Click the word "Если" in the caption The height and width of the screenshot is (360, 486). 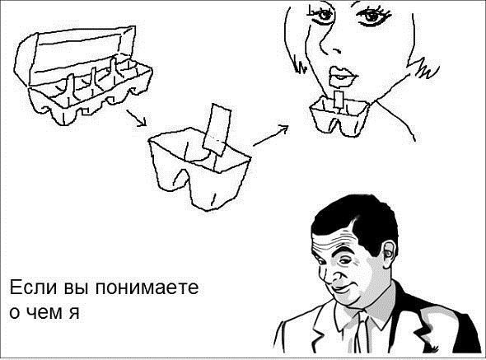tap(33, 288)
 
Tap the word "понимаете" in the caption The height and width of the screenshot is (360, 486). tap(147, 288)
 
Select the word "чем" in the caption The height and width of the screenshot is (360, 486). tap(45, 312)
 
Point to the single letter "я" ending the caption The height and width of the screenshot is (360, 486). tap(74, 312)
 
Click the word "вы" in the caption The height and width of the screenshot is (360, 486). tap(77, 288)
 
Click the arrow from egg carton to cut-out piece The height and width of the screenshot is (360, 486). tap(136, 118)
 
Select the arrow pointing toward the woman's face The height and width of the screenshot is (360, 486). tap(270, 135)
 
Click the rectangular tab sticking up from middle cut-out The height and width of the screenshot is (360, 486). tap(217, 129)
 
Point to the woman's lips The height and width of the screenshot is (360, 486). tap(343, 75)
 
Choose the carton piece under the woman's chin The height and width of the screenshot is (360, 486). tap(340, 116)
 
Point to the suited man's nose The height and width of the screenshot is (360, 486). tap(336, 275)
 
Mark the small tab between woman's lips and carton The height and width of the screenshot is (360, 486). tap(339, 100)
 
